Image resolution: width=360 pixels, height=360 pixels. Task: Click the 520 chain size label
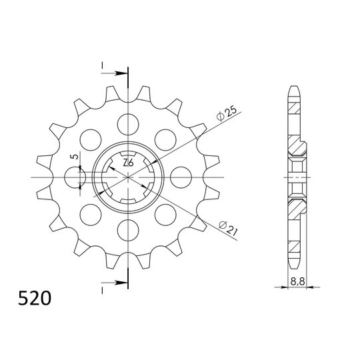click(x=34, y=296)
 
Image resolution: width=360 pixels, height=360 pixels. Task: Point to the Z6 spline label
click(x=128, y=164)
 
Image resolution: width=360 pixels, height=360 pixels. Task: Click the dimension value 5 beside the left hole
click(x=76, y=158)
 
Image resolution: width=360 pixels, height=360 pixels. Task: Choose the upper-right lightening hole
click(x=165, y=139)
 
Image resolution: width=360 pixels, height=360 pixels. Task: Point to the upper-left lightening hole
click(x=89, y=139)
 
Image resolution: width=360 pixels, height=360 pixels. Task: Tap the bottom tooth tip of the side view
click(x=294, y=265)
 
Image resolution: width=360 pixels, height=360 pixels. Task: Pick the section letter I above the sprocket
click(x=102, y=65)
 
